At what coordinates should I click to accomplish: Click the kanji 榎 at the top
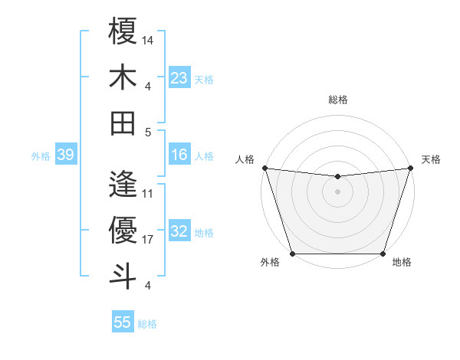pyautogui.click(x=123, y=32)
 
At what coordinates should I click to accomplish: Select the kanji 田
pyautogui.click(x=123, y=123)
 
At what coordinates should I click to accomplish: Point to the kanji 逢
pyautogui.click(x=123, y=185)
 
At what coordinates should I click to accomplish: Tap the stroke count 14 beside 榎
pyautogui.click(x=148, y=39)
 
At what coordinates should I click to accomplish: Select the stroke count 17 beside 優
pyautogui.click(x=148, y=240)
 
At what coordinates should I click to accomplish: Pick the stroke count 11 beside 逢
pyautogui.click(x=148, y=194)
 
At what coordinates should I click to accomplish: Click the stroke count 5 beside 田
pyautogui.click(x=148, y=132)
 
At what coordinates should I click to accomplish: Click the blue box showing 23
pyautogui.click(x=179, y=77)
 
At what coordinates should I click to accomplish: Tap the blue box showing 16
pyautogui.click(x=179, y=155)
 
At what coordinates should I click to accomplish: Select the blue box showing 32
pyautogui.click(x=179, y=231)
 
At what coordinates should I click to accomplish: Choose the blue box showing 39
pyautogui.click(x=65, y=155)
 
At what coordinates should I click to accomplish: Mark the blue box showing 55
pyautogui.click(x=123, y=322)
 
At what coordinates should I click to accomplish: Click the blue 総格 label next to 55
pyautogui.click(x=147, y=324)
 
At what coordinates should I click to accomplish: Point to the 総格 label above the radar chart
pyautogui.click(x=337, y=100)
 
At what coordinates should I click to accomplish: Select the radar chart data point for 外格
pyautogui.click(x=292, y=253)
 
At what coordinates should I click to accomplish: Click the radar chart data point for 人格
pyautogui.click(x=264, y=168)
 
